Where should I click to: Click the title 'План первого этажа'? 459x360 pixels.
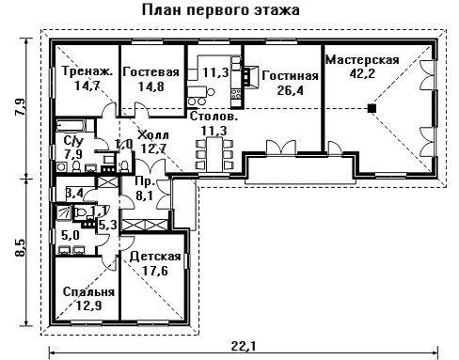(x=221, y=10)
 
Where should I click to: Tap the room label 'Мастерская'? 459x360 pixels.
(x=362, y=59)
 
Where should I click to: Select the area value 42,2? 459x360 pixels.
(x=362, y=73)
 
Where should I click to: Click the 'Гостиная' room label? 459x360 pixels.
(x=290, y=76)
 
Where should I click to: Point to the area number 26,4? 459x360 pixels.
(x=290, y=90)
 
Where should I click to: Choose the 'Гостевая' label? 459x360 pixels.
(x=151, y=71)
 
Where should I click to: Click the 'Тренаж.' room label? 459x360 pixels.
(x=87, y=71)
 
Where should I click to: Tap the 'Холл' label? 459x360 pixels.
(x=153, y=135)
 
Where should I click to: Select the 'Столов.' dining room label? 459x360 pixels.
(x=214, y=117)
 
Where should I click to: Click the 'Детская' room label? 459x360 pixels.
(x=155, y=257)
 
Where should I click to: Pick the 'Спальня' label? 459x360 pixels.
(x=88, y=292)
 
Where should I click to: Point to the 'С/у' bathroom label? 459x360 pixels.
(x=73, y=141)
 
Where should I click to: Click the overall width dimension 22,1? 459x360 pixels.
(x=244, y=346)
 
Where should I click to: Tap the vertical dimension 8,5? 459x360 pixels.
(x=21, y=247)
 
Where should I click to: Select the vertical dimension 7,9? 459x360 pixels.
(x=21, y=107)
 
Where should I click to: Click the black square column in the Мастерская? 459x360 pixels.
(x=372, y=108)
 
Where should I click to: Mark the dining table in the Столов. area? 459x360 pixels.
(x=214, y=154)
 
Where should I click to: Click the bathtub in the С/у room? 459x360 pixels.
(x=71, y=126)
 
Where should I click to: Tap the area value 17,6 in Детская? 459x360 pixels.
(x=155, y=271)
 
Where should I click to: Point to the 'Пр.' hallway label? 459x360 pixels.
(x=145, y=181)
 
